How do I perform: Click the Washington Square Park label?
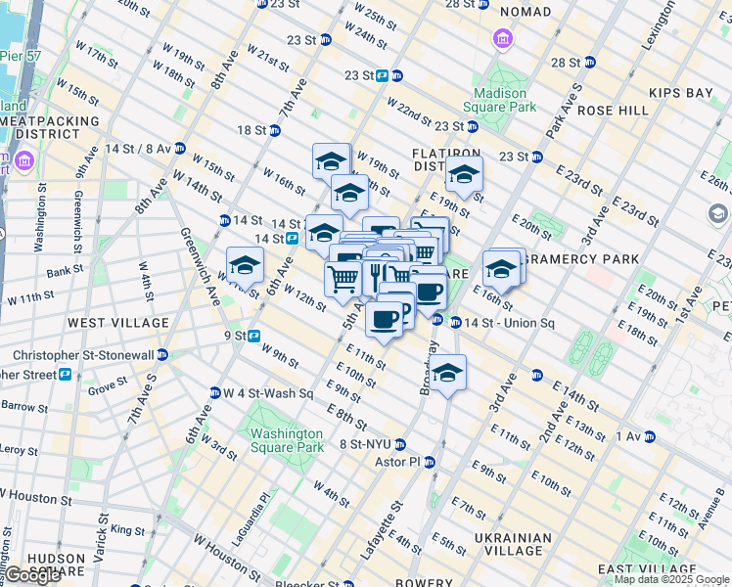(285, 440)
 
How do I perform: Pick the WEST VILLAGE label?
(106, 322)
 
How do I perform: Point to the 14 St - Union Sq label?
(508, 322)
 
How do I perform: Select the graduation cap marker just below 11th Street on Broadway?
(448, 373)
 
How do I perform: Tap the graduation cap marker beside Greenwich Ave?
(245, 264)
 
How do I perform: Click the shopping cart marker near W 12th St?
(342, 280)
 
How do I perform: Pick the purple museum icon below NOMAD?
(503, 39)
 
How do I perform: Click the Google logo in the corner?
(32, 575)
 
